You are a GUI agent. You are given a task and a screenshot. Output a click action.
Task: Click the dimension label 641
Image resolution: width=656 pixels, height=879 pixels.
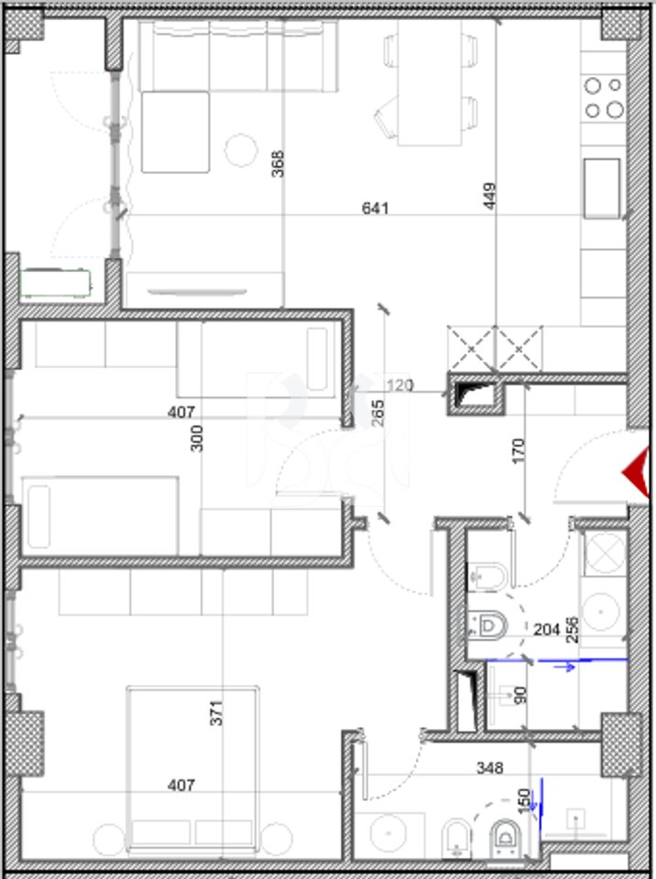point(376,209)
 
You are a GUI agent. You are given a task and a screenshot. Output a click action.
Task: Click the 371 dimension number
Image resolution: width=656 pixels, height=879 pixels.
point(216,712)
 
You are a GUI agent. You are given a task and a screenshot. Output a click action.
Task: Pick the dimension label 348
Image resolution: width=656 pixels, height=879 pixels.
point(489,768)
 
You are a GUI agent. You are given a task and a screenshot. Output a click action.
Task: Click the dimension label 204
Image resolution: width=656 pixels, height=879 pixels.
point(547,630)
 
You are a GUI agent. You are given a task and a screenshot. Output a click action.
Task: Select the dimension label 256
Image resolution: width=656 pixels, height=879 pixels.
point(573,630)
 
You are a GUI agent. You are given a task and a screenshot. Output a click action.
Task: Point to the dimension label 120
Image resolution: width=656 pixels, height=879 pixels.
point(399,385)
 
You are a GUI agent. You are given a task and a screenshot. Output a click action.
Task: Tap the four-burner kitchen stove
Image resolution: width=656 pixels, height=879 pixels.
point(603,98)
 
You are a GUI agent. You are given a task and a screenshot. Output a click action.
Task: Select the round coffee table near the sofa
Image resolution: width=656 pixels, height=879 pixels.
point(241,148)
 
